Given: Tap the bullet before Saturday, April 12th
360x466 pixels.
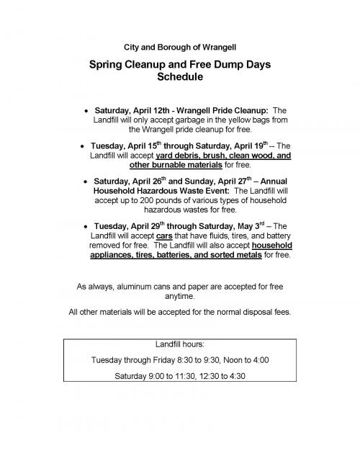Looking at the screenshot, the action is coord(86,111).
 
